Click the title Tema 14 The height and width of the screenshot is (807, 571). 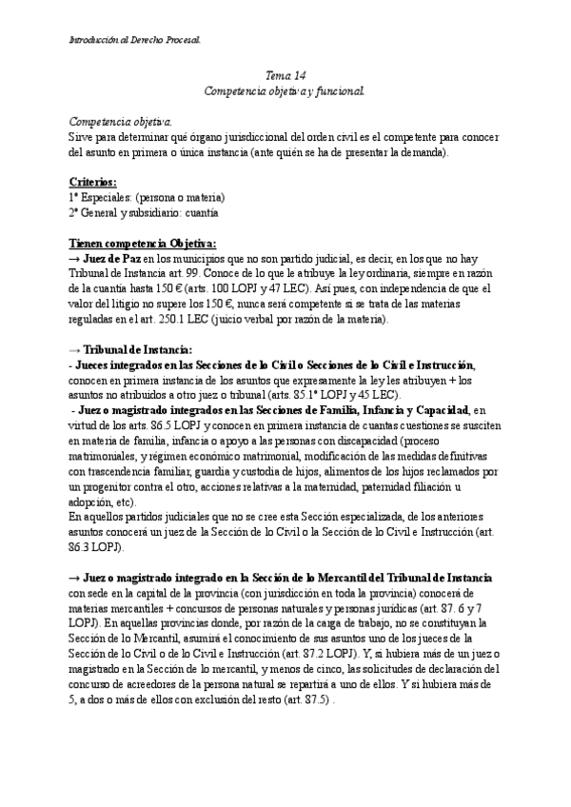(x=285, y=75)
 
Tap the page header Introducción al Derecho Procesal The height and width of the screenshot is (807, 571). (x=135, y=40)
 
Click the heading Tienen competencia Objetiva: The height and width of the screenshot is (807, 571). (x=143, y=243)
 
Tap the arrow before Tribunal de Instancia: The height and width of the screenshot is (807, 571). (x=77, y=350)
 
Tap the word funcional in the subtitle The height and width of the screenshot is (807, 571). (x=333, y=91)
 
